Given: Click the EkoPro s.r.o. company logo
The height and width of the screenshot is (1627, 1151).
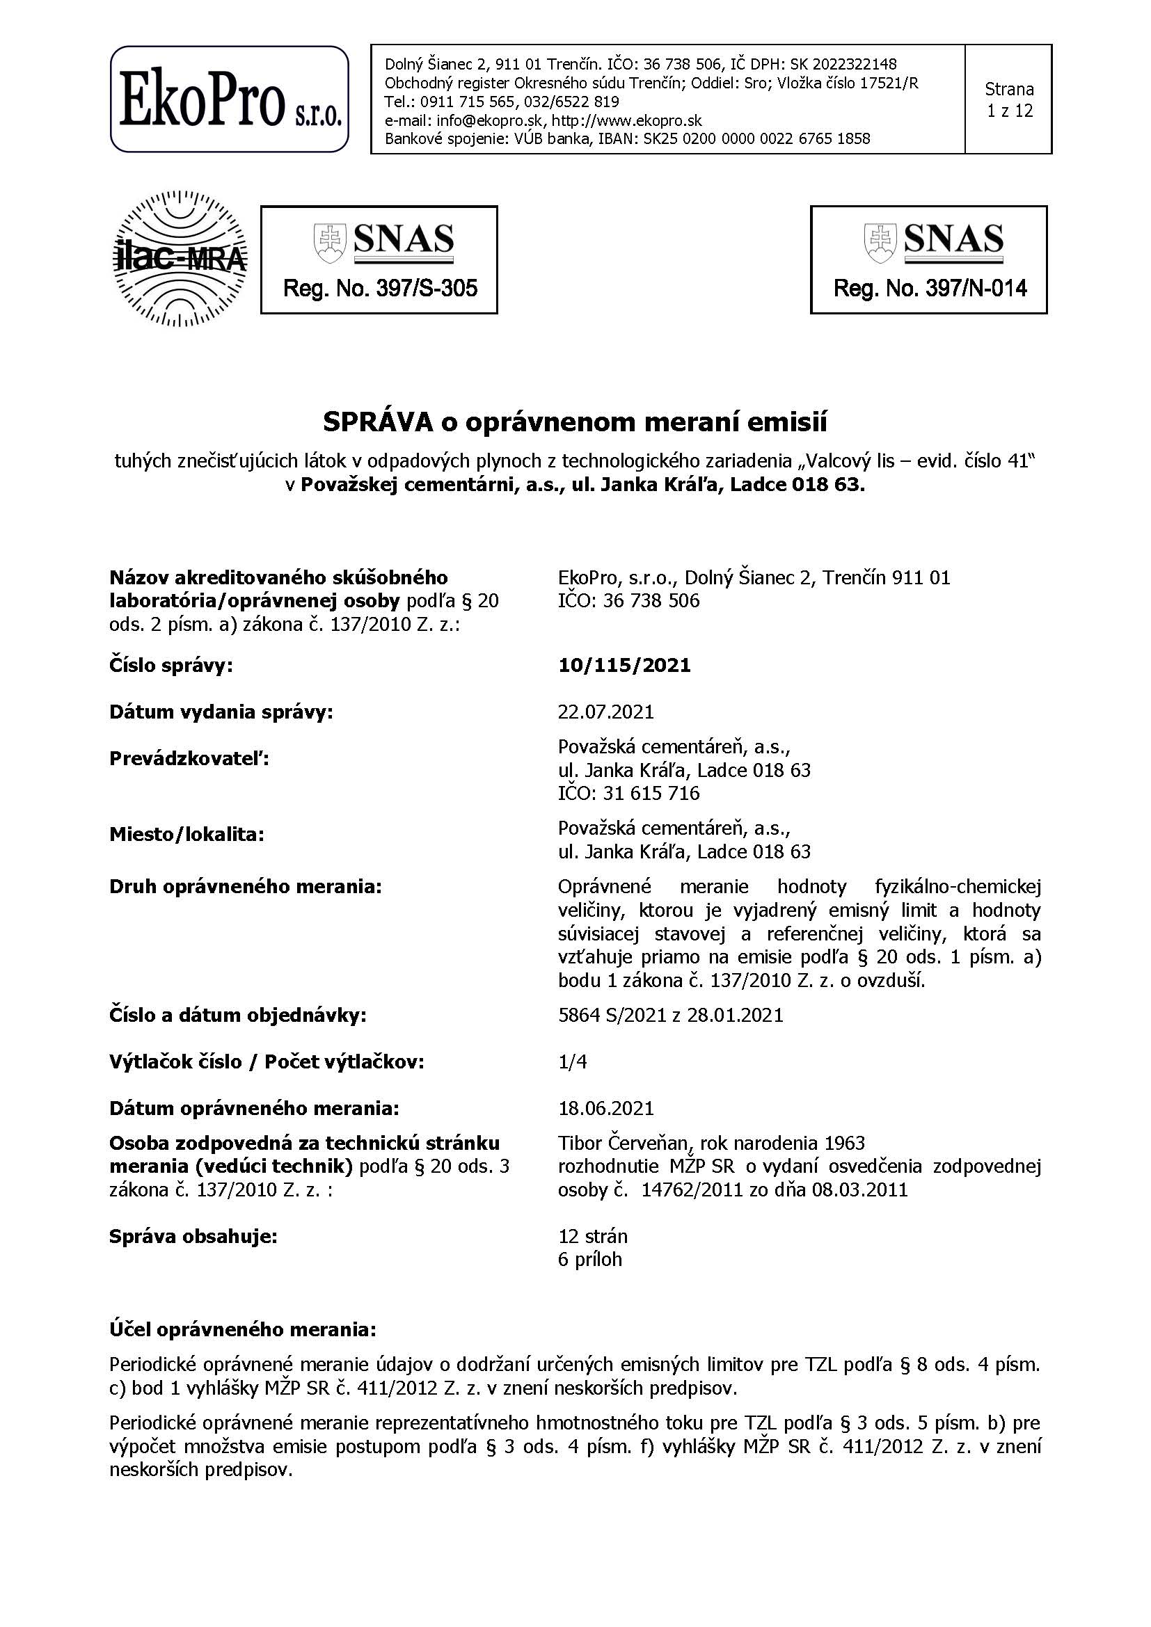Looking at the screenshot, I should [x=229, y=99].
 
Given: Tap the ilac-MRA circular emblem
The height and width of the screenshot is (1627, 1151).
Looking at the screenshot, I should [x=181, y=259].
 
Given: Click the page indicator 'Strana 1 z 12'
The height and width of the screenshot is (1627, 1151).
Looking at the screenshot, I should [x=1008, y=100].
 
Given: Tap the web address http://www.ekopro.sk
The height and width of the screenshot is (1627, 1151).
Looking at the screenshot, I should [x=626, y=120].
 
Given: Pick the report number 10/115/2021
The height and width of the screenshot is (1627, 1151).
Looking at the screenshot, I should [x=624, y=666].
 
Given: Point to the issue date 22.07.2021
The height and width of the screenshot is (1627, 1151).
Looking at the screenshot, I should [x=605, y=712].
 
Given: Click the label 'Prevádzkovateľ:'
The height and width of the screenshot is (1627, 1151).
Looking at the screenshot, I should [x=189, y=759].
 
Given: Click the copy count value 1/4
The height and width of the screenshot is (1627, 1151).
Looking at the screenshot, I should [x=572, y=1061].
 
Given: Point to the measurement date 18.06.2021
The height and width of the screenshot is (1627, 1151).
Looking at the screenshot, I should [x=605, y=1107].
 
